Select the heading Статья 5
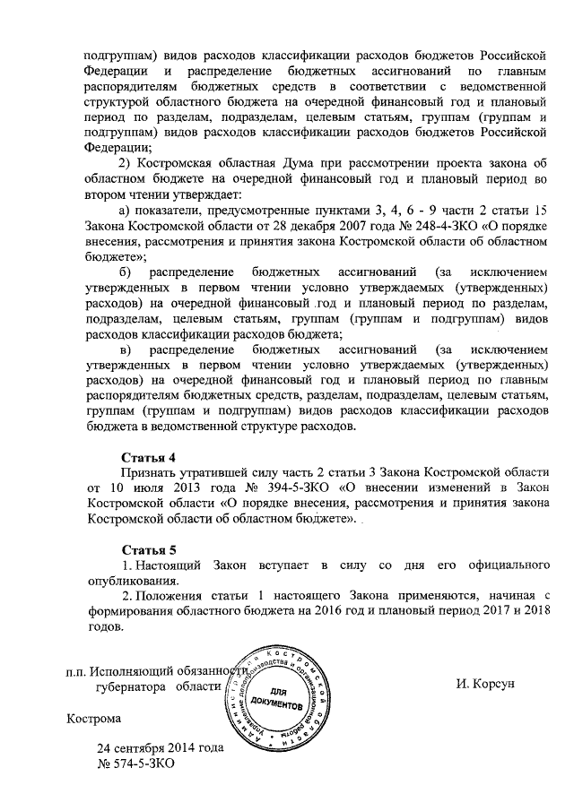point(149,549)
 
